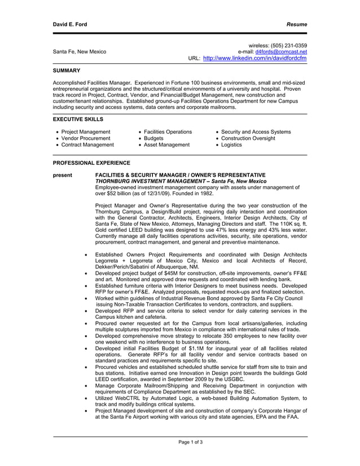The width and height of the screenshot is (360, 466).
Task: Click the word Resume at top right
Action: tap(296, 25)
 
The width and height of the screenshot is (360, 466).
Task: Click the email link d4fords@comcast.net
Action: tap(281, 52)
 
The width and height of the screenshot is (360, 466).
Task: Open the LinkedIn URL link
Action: tap(254, 58)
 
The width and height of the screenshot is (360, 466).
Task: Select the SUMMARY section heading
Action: tap(67, 71)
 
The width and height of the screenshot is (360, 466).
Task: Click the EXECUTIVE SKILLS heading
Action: tap(78, 120)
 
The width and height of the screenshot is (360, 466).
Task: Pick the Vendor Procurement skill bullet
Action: tap(86, 138)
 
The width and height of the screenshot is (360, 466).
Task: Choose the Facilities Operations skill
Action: tap(168, 132)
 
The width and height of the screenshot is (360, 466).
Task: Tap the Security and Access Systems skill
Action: tap(256, 132)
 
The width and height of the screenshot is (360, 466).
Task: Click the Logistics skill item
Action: tap(231, 144)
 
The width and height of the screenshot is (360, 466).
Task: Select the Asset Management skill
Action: tap(167, 144)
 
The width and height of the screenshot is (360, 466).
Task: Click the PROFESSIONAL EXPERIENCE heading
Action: tap(91, 162)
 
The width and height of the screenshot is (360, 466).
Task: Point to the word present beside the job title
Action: tap(63, 175)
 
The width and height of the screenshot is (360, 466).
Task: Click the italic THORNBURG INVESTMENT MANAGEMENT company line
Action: tap(181, 182)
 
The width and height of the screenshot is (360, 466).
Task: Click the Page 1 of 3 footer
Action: tap(190, 442)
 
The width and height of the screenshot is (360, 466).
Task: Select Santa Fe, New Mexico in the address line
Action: tap(80, 52)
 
